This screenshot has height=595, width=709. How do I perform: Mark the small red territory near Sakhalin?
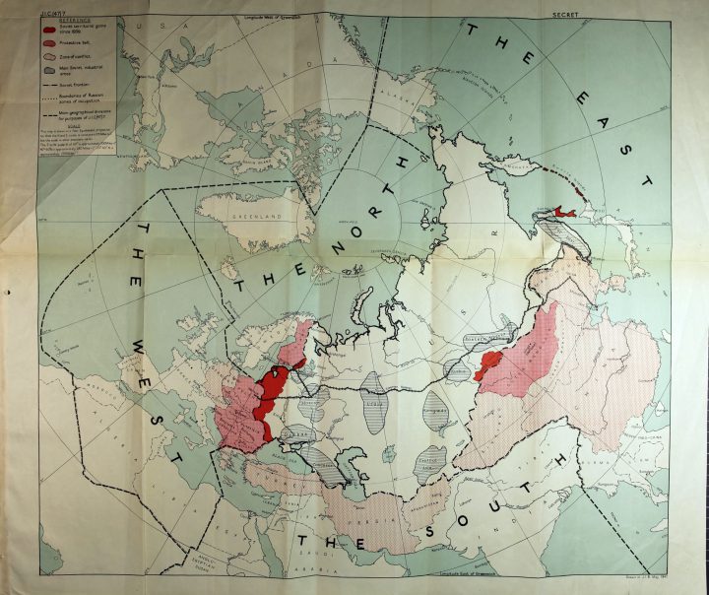562,211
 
